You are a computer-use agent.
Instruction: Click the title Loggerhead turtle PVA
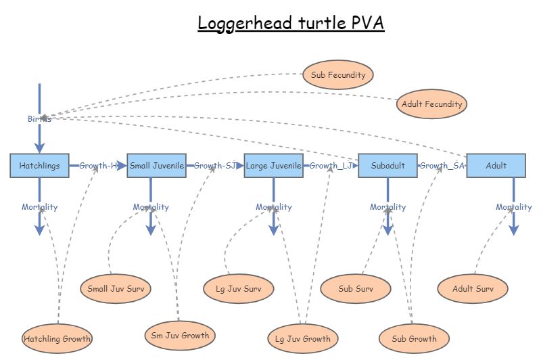point(291,23)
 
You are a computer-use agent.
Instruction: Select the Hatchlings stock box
point(39,165)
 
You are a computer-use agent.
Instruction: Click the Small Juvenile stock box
point(156,165)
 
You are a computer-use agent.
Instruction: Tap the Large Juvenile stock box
point(273,165)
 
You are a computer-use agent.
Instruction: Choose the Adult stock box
point(496,165)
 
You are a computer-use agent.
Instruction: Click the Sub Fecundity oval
point(338,74)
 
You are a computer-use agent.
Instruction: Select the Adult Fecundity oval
point(431,104)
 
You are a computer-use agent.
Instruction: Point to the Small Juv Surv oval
point(115,289)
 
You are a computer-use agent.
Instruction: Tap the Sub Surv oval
point(356,289)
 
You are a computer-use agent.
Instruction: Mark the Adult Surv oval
point(472,289)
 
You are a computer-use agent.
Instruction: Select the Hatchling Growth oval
point(57,338)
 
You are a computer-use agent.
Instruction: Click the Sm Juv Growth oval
point(180,335)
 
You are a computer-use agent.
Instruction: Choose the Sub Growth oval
point(414,338)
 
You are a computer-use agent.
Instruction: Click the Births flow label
point(39,119)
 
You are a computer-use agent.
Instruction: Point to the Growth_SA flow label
point(442,165)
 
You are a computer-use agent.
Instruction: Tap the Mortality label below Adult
point(513,207)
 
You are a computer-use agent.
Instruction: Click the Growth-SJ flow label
point(214,165)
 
